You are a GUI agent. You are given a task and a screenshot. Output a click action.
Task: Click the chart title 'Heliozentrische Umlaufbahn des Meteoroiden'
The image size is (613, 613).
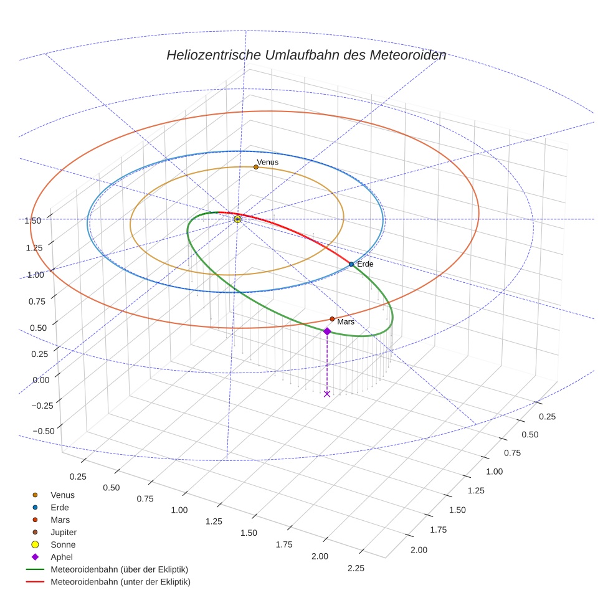306,55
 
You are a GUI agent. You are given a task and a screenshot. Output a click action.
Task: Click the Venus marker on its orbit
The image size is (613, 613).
256,167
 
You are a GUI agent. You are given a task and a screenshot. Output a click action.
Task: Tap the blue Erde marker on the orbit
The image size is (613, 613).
351,264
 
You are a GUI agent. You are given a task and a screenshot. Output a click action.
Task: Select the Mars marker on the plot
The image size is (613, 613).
332,319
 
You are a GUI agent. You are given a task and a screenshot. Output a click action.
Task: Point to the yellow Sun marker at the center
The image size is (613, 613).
237,219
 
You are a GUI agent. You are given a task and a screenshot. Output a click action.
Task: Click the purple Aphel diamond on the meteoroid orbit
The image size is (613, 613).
327,331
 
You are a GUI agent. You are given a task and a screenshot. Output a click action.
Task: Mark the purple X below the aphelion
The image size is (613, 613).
327,394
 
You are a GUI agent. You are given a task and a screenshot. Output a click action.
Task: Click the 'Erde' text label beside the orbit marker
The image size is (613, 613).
365,264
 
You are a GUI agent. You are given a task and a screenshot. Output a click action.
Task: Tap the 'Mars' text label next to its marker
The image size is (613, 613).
346,321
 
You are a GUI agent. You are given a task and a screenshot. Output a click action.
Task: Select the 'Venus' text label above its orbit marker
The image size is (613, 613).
267,162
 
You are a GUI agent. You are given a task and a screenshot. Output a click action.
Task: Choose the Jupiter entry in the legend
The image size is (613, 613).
64,532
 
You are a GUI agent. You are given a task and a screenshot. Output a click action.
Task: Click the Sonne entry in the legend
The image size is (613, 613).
63,544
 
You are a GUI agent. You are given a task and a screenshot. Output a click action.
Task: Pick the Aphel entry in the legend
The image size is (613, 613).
61,557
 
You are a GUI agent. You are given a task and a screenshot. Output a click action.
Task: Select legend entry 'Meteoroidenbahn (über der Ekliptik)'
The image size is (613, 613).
119,569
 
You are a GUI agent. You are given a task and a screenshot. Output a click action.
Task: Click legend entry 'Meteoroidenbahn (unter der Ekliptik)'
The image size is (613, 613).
120,582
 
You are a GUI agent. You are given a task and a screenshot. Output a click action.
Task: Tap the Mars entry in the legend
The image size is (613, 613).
60,520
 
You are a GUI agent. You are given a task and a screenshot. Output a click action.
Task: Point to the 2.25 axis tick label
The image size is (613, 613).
356,568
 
